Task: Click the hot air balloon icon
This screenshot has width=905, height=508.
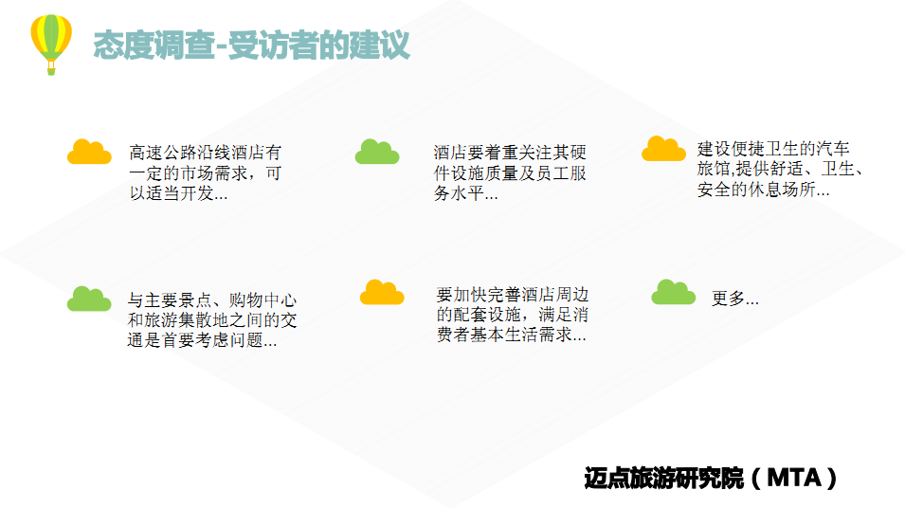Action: click(x=51, y=44)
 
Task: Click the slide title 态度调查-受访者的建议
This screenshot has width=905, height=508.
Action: click(x=252, y=45)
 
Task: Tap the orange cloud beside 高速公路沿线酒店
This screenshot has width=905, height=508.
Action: click(x=89, y=152)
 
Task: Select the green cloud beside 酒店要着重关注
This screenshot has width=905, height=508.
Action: click(x=377, y=152)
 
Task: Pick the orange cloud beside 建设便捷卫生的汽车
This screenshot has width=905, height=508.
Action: click(x=663, y=149)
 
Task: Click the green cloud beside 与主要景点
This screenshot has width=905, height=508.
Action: click(x=89, y=299)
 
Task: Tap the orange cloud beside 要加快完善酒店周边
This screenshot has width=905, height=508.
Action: click(x=382, y=292)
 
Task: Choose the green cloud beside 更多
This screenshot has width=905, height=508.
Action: click(x=674, y=292)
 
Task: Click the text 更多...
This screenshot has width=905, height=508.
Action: click(x=734, y=299)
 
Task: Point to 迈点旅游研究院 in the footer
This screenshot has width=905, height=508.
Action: click(x=663, y=478)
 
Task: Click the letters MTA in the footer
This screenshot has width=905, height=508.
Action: click(x=794, y=478)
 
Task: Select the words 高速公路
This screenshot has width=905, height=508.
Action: click(x=163, y=153)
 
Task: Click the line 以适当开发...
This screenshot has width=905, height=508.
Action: click(x=178, y=192)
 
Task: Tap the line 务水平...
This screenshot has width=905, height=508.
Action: click(x=466, y=192)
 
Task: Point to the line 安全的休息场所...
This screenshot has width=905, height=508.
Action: click(x=763, y=190)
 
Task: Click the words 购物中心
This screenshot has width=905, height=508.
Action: click(x=262, y=300)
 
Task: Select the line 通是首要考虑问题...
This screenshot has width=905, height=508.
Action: click(x=202, y=340)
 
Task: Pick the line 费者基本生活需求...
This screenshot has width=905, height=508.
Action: click(x=512, y=335)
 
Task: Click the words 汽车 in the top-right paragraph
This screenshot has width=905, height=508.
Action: click(x=832, y=149)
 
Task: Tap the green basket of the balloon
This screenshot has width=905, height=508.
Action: click(x=51, y=70)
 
